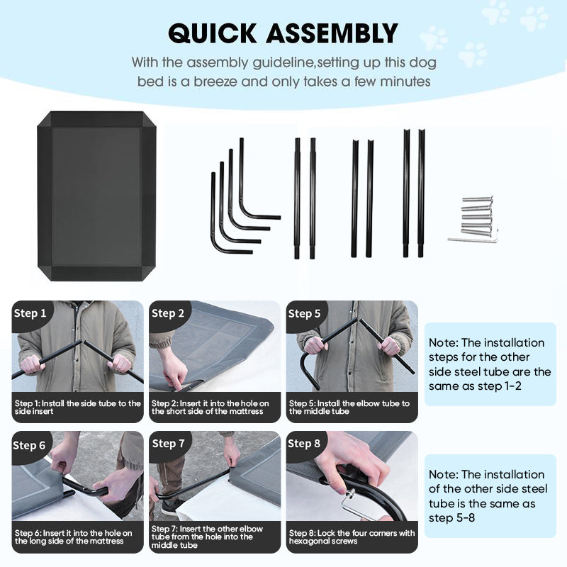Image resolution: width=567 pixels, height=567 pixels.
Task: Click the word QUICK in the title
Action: (213, 33)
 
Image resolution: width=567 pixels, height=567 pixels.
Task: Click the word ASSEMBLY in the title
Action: (332, 33)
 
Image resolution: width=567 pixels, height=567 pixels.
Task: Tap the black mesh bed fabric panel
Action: (96, 196)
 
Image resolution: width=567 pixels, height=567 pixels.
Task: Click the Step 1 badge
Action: (30, 313)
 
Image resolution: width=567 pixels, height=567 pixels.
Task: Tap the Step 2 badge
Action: (168, 313)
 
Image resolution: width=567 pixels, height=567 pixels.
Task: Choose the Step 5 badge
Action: (305, 313)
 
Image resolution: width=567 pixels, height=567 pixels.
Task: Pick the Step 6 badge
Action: (29, 445)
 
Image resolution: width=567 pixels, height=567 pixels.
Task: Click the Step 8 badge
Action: (304, 444)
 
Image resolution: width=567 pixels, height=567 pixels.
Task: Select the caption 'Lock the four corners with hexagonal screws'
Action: (352, 537)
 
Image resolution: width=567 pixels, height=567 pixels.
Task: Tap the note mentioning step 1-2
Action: (490, 364)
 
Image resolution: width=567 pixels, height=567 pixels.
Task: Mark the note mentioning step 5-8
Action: (488, 495)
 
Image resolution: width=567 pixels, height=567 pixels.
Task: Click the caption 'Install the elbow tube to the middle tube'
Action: (349, 407)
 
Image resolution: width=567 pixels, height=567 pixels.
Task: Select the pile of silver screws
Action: (477, 215)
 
